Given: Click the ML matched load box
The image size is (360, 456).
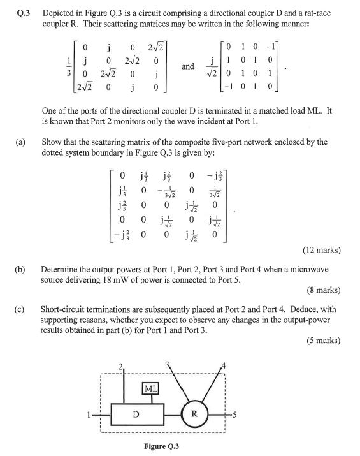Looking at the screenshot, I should coord(151,388).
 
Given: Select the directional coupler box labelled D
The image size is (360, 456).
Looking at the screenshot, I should coord(136,414).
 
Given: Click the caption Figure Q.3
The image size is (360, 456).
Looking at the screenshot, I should coord(161,447).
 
